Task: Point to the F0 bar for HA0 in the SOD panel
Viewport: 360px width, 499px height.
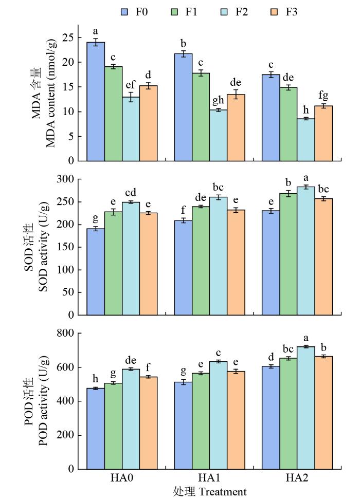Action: [x=96, y=272]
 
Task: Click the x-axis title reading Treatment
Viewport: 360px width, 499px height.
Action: [x=223, y=492]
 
